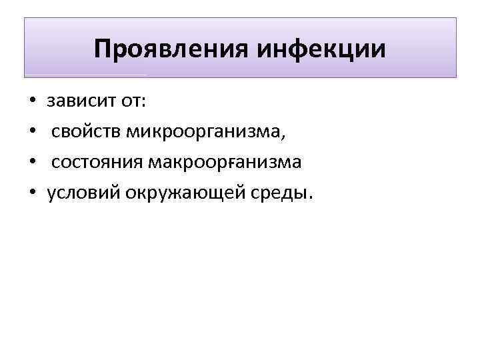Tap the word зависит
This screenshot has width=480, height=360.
(82, 102)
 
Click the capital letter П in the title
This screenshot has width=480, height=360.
(103, 49)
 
